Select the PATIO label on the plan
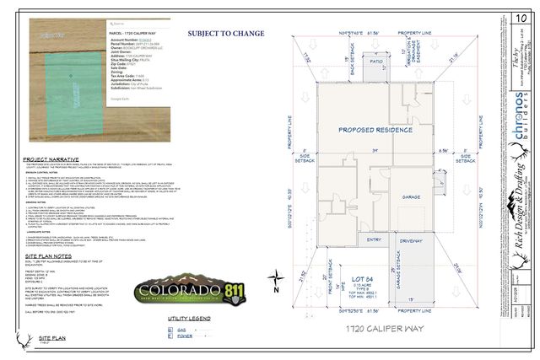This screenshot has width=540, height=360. coord(376,62)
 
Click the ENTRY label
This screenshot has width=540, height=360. coord(372,239)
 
